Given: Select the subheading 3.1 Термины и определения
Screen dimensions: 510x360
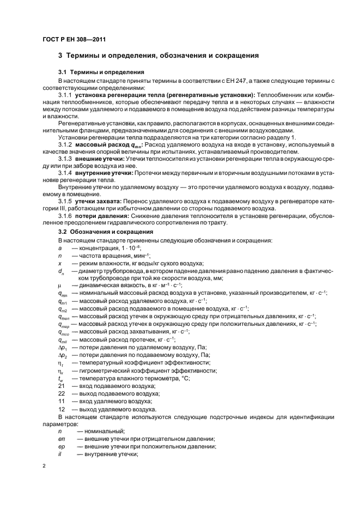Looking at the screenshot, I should point(101,72).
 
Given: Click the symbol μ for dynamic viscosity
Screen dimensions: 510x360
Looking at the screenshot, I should point(60,285).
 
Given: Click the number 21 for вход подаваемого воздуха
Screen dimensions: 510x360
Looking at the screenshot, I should point(62,386).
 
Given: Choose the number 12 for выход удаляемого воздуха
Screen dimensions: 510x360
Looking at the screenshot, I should point(62,409).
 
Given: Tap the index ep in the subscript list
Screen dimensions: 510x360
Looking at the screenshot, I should point(62,447).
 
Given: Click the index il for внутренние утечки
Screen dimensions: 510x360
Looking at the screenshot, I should point(60,454).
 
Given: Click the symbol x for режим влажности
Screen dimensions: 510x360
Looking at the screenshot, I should point(60,262).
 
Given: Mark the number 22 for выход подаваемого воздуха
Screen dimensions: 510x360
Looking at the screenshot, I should point(62,393).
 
